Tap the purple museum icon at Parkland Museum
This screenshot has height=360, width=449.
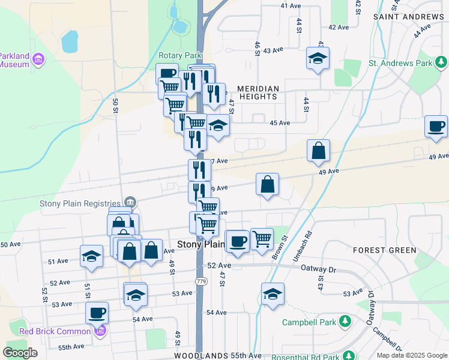(x=39, y=59)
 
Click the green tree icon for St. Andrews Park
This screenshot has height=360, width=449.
(x=441, y=62)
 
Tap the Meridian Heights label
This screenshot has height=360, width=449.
(x=259, y=92)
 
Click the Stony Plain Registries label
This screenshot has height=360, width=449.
(x=80, y=203)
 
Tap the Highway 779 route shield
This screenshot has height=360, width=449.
(x=201, y=281)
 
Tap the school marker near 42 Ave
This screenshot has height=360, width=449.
(x=318, y=59)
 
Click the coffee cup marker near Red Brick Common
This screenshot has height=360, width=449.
(x=97, y=313)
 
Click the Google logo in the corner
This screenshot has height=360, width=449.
(x=20, y=353)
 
